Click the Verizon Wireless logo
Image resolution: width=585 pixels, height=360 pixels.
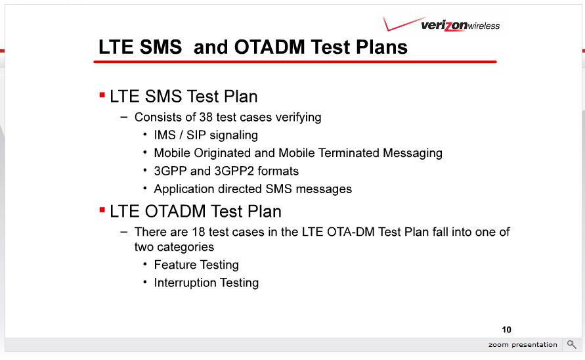tap(441, 24)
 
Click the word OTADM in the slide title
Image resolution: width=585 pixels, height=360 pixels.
tap(269, 47)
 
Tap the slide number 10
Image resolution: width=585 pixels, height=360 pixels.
tap(506, 330)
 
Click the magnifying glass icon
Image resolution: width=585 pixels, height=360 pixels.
tap(572, 344)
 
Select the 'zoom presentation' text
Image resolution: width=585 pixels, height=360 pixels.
tap(523, 345)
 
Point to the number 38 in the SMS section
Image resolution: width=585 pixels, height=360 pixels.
tap(206, 117)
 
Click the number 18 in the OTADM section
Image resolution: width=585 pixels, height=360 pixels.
tap(198, 232)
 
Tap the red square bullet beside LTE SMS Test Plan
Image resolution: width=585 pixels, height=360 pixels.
tap(102, 95)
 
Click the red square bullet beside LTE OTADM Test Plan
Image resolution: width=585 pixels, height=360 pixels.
tap(102, 210)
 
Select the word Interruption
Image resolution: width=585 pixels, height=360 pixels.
tap(185, 282)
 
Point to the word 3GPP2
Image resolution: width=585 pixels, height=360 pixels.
tap(234, 171)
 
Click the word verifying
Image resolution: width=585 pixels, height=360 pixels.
tap(298, 118)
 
